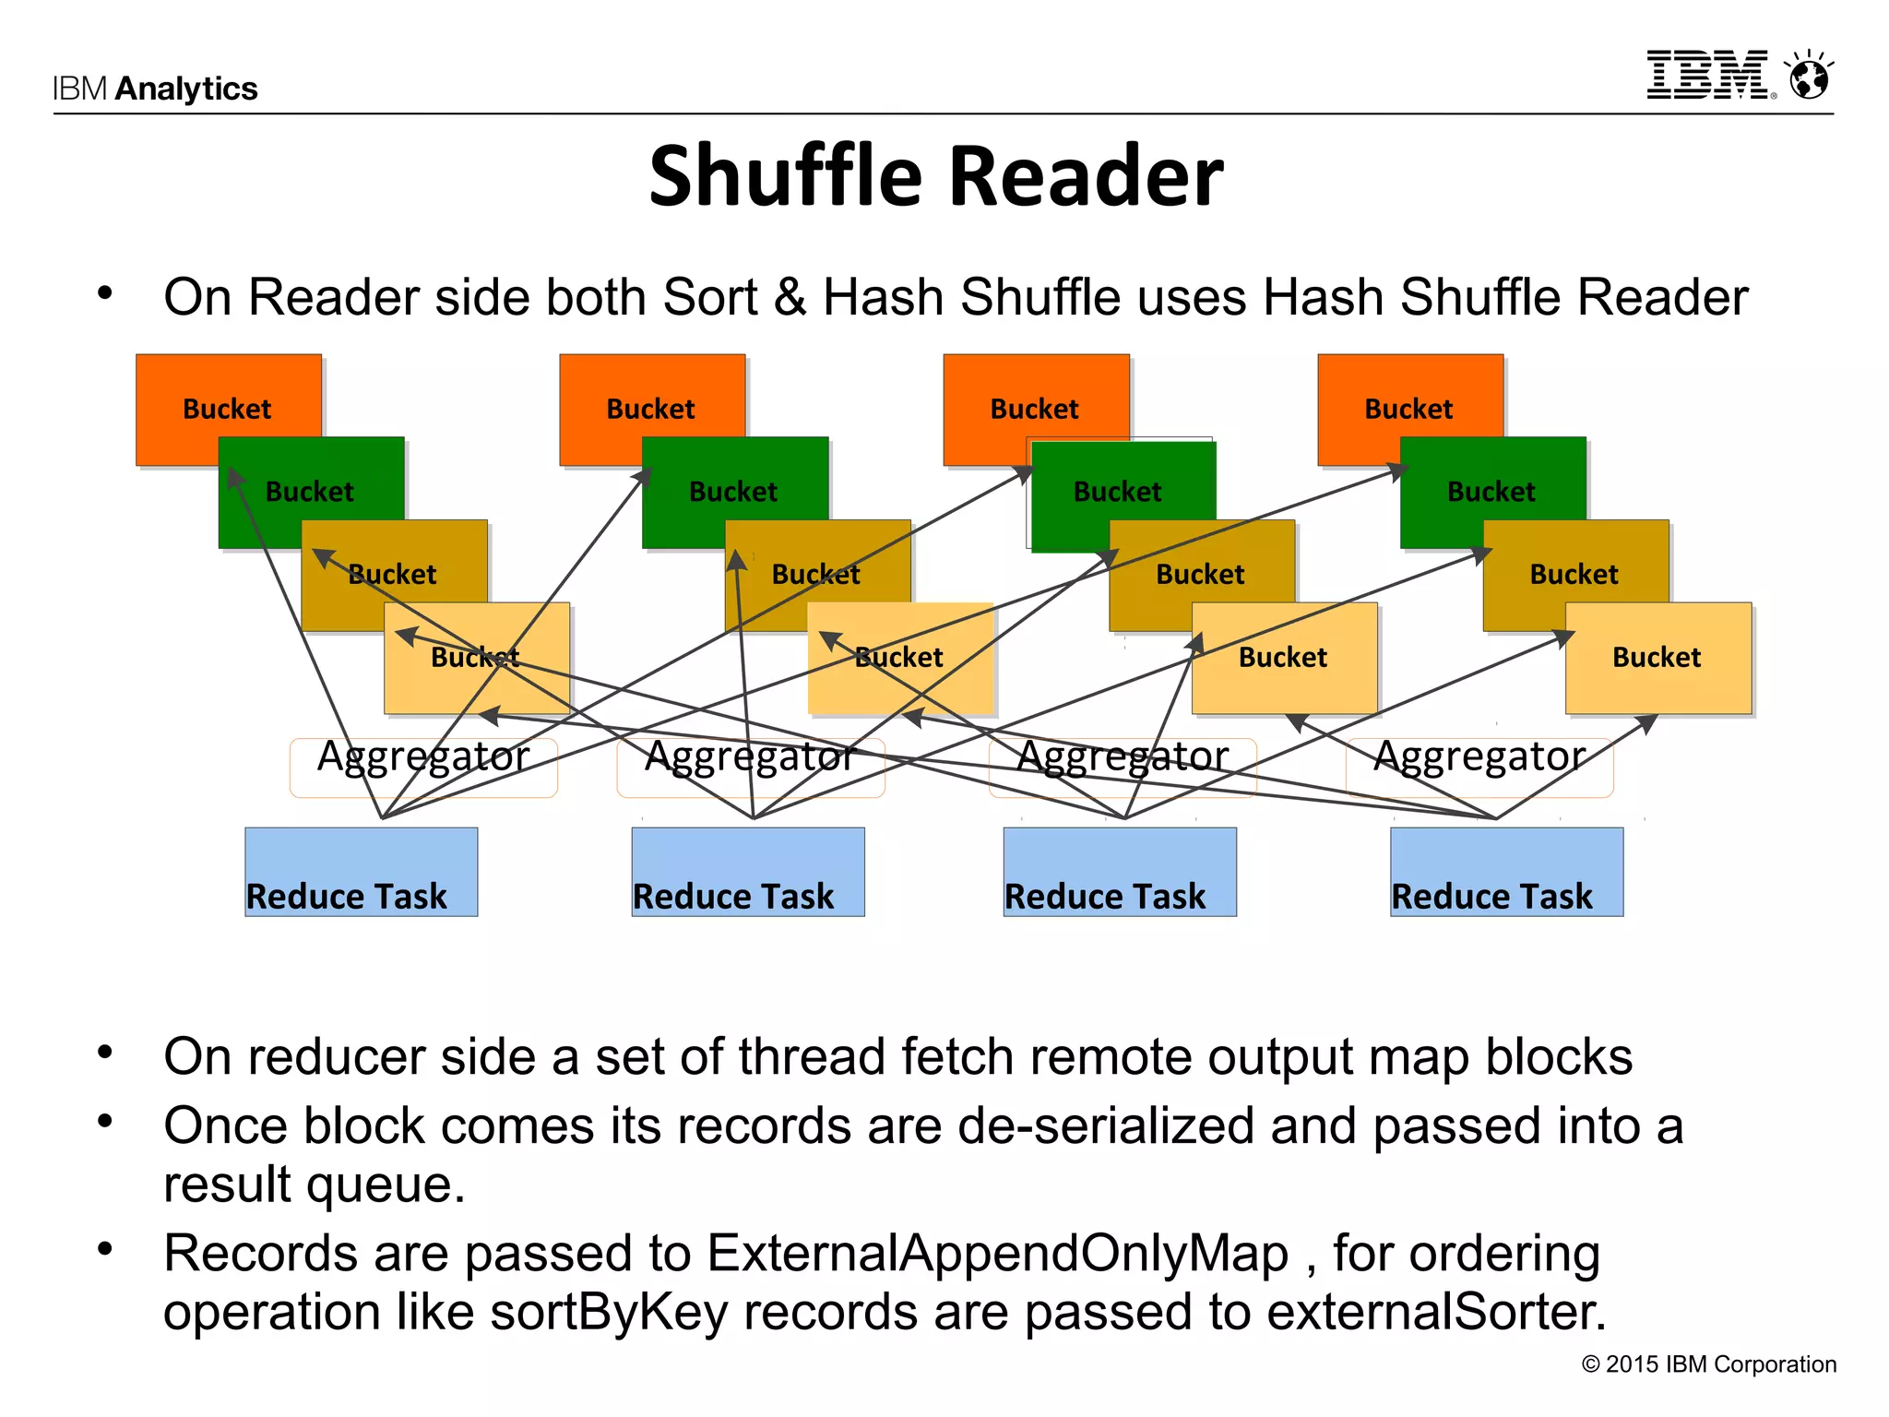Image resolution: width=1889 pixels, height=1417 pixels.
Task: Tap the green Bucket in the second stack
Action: (x=733, y=491)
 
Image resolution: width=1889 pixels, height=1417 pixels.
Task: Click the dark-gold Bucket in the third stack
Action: (x=1200, y=574)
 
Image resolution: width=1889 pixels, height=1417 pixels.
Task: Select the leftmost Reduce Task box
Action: (x=361, y=872)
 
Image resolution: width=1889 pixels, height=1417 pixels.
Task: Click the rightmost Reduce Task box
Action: (x=1505, y=872)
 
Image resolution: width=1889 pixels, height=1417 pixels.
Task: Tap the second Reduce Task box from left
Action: (x=747, y=872)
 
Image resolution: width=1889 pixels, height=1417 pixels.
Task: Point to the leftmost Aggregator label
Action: (x=423, y=757)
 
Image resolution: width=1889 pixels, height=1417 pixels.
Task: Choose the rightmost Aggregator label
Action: (x=1479, y=757)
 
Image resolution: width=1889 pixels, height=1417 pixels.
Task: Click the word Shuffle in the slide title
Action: (x=786, y=176)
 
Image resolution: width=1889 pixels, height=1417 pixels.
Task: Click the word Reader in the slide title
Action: (x=1086, y=176)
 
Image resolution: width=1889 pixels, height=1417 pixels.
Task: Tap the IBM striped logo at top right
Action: (x=1707, y=75)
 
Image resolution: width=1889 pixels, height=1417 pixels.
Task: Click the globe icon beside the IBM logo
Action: (x=1809, y=77)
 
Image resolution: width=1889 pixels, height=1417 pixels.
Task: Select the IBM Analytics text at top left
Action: (x=155, y=89)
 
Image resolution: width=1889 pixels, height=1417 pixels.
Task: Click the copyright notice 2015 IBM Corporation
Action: (x=1709, y=1364)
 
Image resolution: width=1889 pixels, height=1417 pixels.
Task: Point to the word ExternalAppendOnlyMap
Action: (x=997, y=1254)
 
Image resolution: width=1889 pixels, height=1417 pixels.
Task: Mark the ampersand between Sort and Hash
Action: (x=790, y=298)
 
